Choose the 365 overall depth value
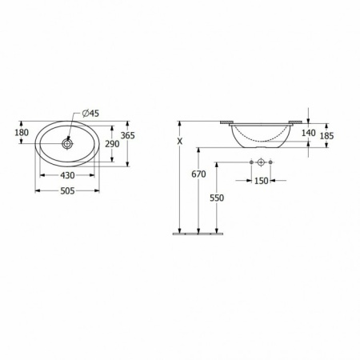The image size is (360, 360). point(127,136)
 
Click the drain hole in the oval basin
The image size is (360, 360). point(68,145)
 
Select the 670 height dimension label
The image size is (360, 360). point(198,174)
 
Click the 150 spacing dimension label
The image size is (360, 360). point(261,181)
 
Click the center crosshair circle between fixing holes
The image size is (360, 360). point(260,163)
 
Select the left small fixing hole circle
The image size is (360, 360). point(250,163)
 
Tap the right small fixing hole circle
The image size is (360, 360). point(270,163)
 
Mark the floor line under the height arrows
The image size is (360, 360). point(198,234)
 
